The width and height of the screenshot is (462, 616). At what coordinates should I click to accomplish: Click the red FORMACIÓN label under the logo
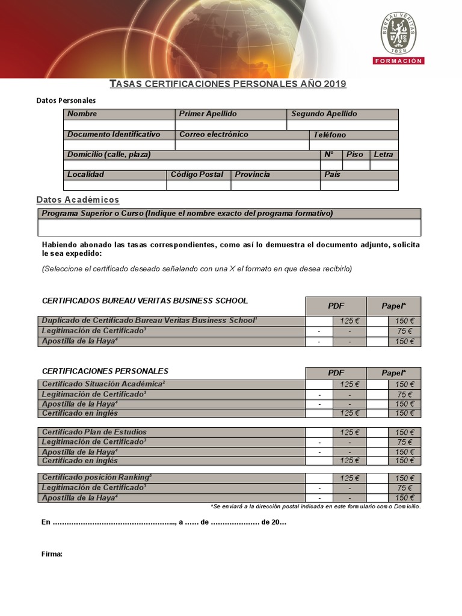[x=398, y=61]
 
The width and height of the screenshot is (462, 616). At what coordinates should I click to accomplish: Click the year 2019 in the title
[x=334, y=84]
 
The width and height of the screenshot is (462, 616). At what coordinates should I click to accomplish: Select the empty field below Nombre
[x=119, y=125]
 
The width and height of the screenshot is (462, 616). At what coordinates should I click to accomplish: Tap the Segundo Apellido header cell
[x=342, y=114]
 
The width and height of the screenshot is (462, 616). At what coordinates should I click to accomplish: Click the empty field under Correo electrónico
[x=242, y=145]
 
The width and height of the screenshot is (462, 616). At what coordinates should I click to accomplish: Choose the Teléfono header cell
[x=354, y=135]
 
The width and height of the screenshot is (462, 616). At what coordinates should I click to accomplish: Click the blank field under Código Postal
[x=199, y=185]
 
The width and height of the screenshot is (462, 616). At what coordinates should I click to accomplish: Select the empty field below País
[x=359, y=185]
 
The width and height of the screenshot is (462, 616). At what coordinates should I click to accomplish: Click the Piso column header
[x=354, y=155]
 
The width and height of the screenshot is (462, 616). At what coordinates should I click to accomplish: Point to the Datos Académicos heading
[x=78, y=200]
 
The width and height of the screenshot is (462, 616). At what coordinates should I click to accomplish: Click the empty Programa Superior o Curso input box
[x=229, y=227]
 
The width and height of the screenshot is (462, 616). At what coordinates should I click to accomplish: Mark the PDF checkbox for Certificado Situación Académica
[x=319, y=384]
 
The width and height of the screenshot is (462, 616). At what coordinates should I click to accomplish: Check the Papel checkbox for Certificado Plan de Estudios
[x=377, y=433]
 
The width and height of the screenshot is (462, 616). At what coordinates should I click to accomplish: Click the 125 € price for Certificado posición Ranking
[x=350, y=478]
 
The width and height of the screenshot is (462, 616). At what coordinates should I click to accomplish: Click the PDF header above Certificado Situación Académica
[x=336, y=373]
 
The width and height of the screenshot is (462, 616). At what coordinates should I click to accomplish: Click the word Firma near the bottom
[x=52, y=553]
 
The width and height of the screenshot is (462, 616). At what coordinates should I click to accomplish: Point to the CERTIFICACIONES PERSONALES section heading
[x=105, y=371]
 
